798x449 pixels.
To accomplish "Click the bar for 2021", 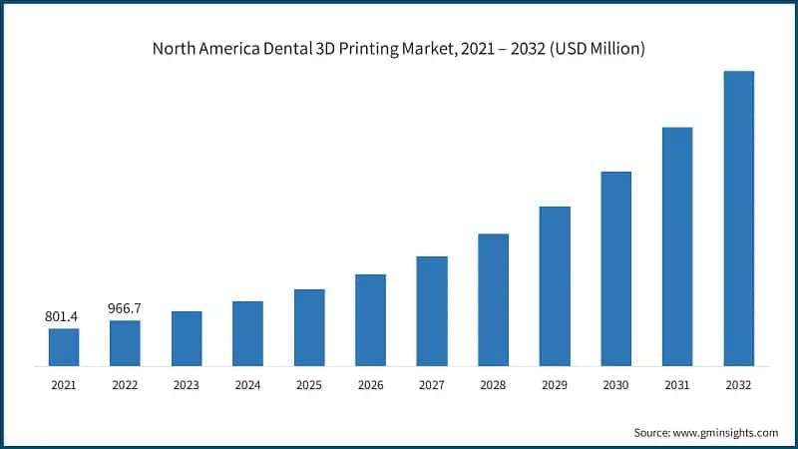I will (64, 346).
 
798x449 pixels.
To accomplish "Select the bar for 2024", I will (247, 332).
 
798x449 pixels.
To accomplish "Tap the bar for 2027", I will (432, 310).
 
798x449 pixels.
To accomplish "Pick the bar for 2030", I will (615, 267).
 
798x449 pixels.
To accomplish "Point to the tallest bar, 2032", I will (738, 218).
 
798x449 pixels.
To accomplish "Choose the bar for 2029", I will (555, 285).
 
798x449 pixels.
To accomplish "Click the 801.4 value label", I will (62, 316).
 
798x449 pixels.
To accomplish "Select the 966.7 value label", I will (125, 308).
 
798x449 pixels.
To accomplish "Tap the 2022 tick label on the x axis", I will (125, 383).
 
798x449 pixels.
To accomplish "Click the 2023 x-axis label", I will (187, 383).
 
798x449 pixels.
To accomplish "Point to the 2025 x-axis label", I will (309, 383).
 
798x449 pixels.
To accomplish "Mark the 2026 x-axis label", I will (370, 383).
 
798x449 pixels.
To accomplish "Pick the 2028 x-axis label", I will (493, 383).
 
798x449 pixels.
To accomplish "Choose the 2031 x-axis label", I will (677, 383).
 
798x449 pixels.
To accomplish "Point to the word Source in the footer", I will (653, 432).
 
